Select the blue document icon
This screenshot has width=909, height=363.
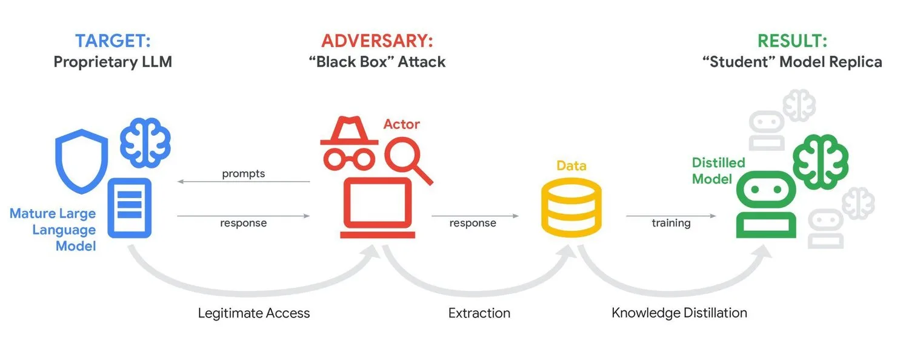click(x=129, y=207)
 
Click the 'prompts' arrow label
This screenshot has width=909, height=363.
click(x=244, y=174)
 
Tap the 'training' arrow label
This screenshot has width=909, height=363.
click(x=671, y=223)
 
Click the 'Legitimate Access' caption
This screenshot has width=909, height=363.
click(x=254, y=313)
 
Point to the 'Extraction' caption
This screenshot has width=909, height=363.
click(x=479, y=313)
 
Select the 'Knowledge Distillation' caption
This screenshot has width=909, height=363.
click(x=679, y=313)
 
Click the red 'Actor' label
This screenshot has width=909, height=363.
click(x=401, y=124)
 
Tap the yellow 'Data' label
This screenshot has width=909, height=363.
click(x=571, y=165)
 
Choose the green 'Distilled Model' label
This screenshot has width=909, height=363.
click(x=718, y=171)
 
